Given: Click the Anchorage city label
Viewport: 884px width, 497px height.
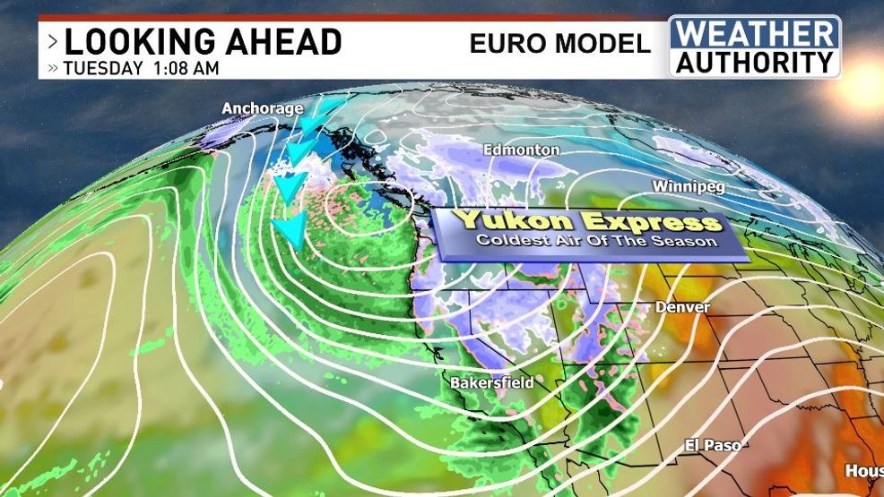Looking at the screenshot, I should pos(250,109).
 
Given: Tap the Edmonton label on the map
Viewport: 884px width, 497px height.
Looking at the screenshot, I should pos(521,150).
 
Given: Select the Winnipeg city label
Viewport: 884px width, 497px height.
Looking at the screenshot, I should pos(688,187).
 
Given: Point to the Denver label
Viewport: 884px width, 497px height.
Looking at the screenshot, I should pos(682,307).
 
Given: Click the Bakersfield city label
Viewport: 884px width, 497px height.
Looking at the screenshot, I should pos(491,382).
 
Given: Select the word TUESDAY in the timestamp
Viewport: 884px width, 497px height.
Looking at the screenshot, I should pos(101,68).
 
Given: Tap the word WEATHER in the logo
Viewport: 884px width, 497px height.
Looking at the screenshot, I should pos(755,34).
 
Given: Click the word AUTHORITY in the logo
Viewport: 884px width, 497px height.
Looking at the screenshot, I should pos(755,62).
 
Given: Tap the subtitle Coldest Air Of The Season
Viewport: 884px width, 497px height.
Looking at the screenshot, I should pos(597,241).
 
